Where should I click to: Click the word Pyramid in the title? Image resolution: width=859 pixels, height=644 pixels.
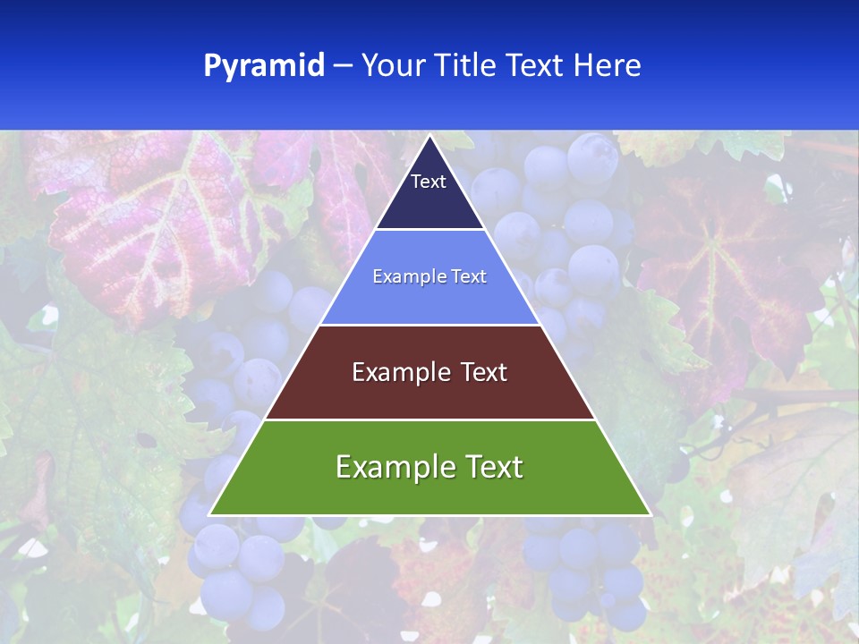[x=264, y=66]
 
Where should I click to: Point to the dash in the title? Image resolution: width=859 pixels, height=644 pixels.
[x=343, y=66]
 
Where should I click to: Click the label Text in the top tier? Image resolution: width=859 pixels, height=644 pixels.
[x=429, y=182]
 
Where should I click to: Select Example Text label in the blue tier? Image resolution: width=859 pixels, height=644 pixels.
[x=429, y=276]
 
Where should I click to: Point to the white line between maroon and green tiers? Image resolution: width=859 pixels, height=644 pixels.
[x=429, y=419]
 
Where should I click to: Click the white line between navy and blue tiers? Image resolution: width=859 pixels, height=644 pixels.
[x=429, y=229]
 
